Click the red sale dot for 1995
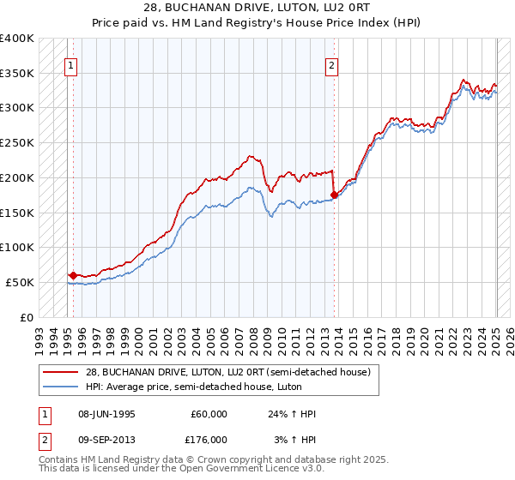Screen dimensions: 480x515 (x=73, y=275)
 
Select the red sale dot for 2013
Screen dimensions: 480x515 (x=334, y=195)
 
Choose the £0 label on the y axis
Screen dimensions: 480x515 (x=27, y=317)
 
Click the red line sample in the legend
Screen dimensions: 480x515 (x=61, y=372)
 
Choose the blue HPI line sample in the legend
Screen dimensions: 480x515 (x=61, y=387)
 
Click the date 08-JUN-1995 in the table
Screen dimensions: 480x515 (x=106, y=414)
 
